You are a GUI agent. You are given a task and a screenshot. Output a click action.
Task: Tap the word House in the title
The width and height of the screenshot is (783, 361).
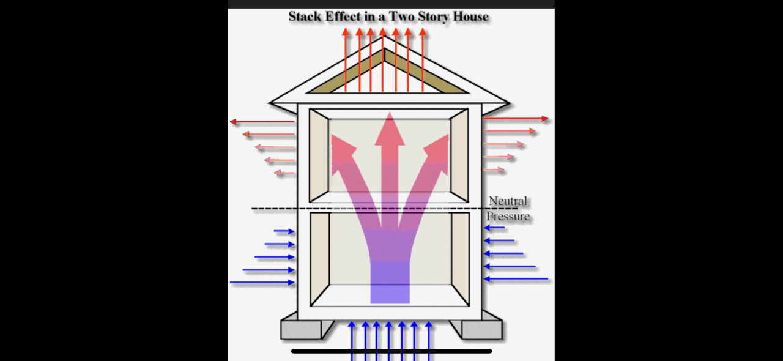coord(470,17)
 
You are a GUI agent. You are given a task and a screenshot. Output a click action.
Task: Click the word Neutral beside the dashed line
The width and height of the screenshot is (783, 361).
coord(508,201)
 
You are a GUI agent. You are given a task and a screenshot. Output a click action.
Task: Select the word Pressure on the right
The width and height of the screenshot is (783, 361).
coord(508,217)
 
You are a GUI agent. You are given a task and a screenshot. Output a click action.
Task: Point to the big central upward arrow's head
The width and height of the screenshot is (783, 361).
coord(389,130)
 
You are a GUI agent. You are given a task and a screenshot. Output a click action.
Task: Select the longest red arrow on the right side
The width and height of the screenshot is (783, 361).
coord(516,119)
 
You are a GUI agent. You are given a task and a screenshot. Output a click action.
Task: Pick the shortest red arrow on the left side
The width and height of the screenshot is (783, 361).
coord(284,173)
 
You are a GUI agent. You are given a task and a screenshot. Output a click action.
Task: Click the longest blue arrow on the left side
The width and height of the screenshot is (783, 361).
coord(262,283)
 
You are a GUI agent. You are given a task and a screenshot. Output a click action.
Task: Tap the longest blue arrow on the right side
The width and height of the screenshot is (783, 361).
coord(516,279)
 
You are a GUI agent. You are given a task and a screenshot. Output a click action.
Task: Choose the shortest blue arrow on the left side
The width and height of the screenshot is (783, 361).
coord(284,231)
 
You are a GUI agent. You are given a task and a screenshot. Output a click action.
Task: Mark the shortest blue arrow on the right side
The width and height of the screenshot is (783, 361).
coord(495,228)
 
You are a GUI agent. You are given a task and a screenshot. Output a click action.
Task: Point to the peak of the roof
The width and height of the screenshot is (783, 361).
coord(384,38)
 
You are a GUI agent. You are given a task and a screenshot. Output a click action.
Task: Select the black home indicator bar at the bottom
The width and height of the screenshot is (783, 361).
coord(391,351)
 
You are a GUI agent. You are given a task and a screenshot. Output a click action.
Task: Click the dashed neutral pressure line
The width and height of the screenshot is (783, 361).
coord(367,209)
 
